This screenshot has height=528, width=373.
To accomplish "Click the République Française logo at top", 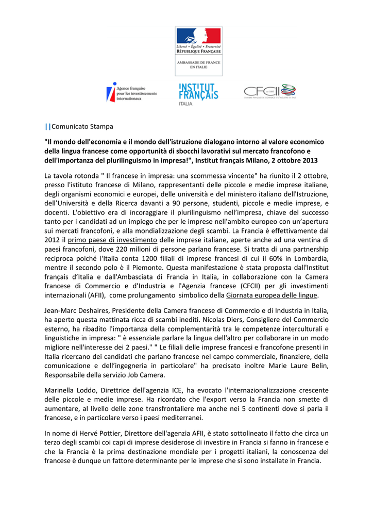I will click(x=198, y=51).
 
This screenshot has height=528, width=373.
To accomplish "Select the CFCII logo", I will click(x=269, y=92).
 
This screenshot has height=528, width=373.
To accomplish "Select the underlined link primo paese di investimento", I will click(x=112, y=240).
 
